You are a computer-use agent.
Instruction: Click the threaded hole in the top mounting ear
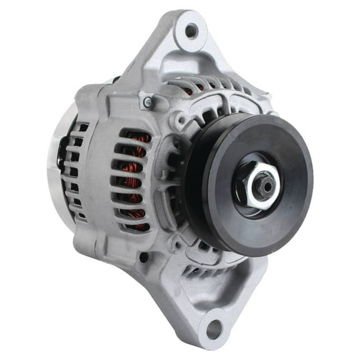click(x=191, y=29)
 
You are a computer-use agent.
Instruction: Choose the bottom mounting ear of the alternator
click(x=212, y=312)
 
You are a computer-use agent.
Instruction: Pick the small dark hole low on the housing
click(x=144, y=256)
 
